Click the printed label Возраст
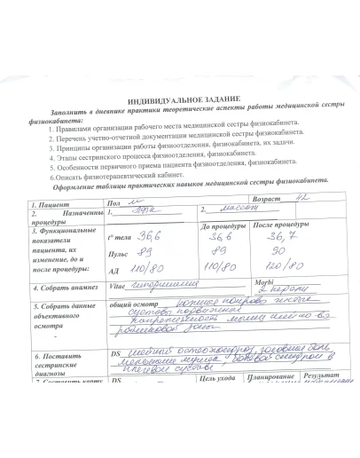pyautogui.click(x=270, y=199)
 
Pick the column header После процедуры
pyautogui.click(x=282, y=226)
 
